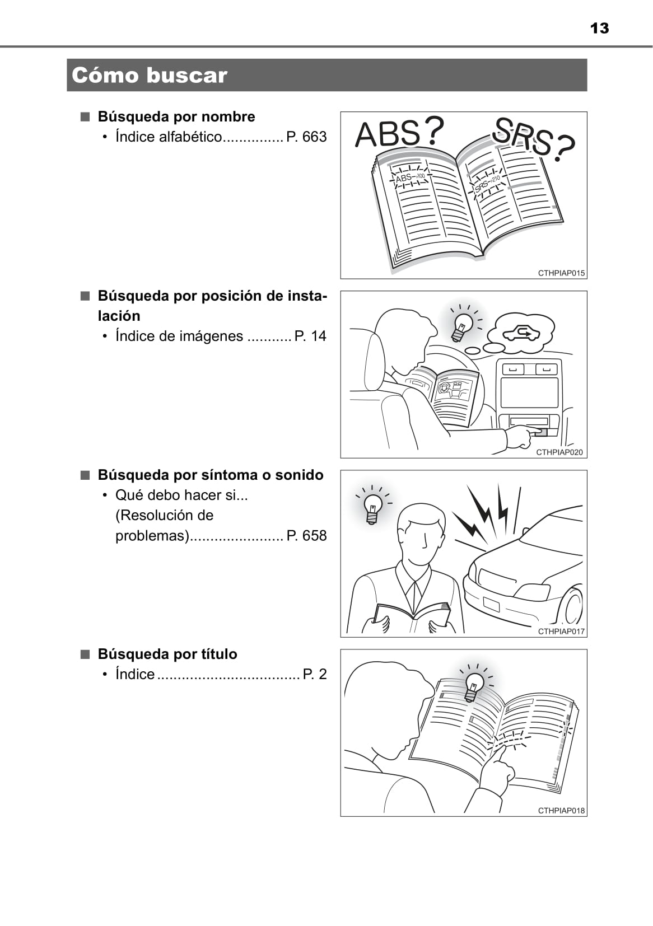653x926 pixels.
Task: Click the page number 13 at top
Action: (599, 28)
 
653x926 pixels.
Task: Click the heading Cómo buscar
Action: (150, 75)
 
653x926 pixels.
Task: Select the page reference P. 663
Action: (306, 137)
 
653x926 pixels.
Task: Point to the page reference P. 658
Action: (306, 535)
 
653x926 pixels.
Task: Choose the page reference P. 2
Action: (315, 674)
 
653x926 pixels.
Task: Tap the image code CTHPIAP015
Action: (561, 273)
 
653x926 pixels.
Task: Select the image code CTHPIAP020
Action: (559, 452)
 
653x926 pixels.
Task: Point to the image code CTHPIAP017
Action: (561, 632)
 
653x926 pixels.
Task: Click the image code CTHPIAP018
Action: (561, 811)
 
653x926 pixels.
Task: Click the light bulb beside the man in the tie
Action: (372, 509)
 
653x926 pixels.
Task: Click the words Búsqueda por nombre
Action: (176, 117)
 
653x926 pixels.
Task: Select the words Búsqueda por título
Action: (167, 654)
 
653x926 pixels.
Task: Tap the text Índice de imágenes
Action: (179, 336)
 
